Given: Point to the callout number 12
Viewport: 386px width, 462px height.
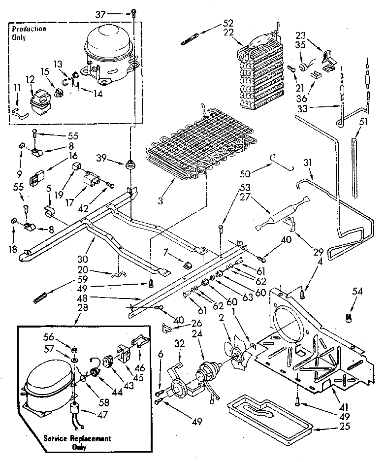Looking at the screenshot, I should click(x=30, y=79).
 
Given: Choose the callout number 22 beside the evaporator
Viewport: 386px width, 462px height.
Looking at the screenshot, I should click(x=227, y=32).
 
